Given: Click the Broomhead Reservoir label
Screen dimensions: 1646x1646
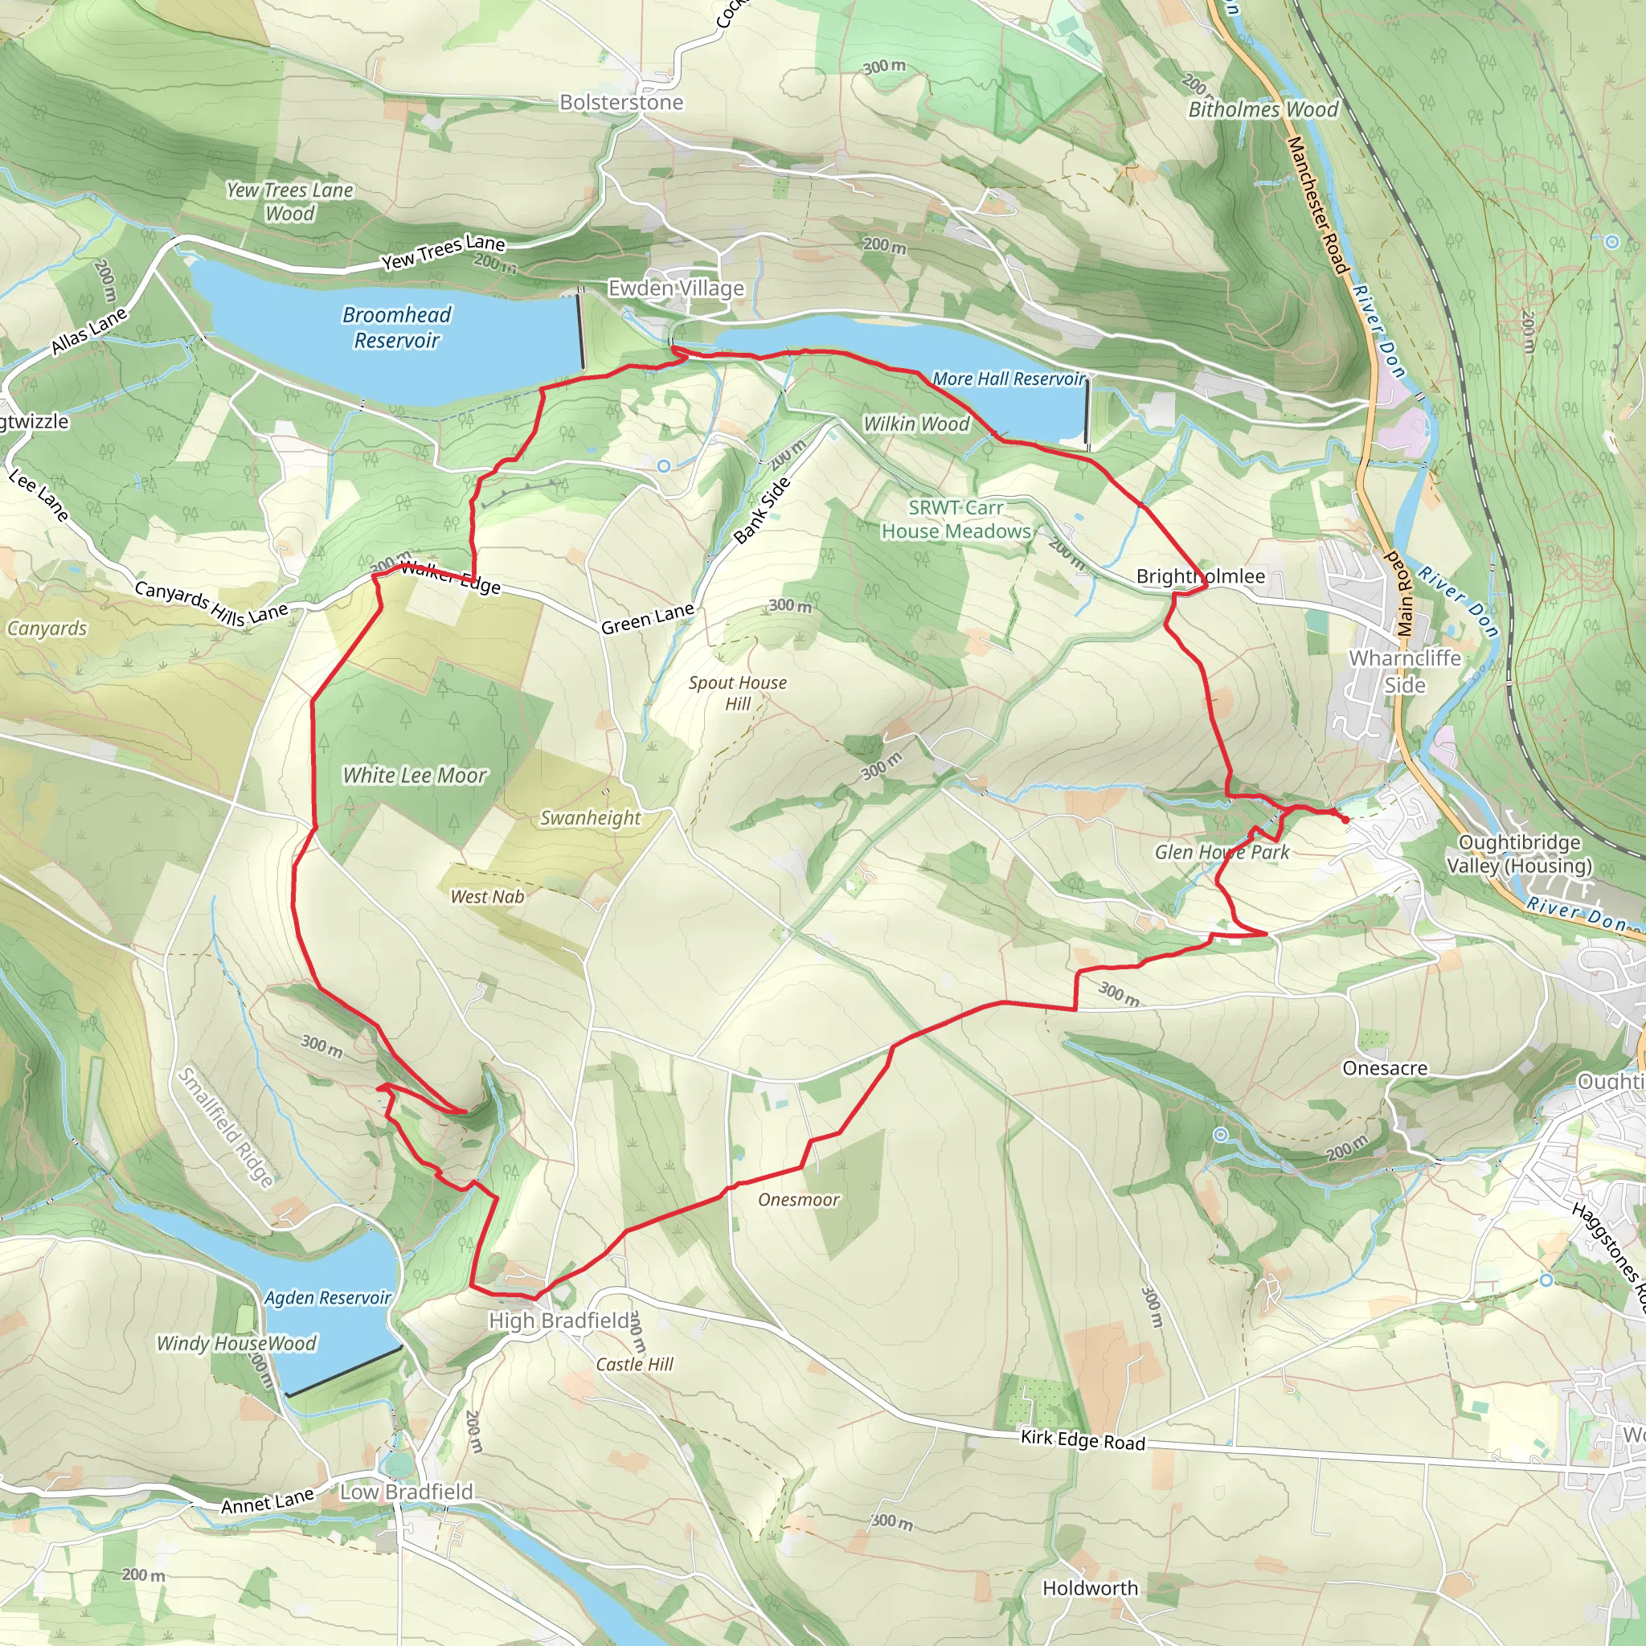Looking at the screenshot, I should click(396, 327).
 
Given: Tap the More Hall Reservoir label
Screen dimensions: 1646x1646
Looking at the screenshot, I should click(1009, 379).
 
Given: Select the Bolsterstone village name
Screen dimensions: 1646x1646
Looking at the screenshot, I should click(621, 102).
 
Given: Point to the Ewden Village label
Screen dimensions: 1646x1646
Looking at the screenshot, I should click(676, 288).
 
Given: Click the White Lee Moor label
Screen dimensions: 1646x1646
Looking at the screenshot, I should click(415, 775).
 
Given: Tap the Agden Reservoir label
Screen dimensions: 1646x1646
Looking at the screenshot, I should click(327, 1296).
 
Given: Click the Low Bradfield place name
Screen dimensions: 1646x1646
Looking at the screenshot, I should click(407, 1491).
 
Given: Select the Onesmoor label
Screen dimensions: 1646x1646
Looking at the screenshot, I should click(798, 1200).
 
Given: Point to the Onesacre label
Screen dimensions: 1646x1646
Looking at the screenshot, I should click(1385, 1068).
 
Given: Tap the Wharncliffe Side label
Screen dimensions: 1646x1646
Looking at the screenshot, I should click(1404, 671).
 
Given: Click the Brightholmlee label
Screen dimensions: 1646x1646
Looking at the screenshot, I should click(1201, 576).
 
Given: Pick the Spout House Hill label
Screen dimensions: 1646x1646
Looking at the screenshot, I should click(738, 693).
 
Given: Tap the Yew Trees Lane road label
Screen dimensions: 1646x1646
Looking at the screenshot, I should click(443, 252).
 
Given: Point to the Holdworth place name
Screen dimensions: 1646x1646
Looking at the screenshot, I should click(1090, 1588).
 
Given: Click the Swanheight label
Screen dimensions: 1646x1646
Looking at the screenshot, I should click(591, 818).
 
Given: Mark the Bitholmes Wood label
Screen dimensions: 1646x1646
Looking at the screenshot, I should click(1263, 109).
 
